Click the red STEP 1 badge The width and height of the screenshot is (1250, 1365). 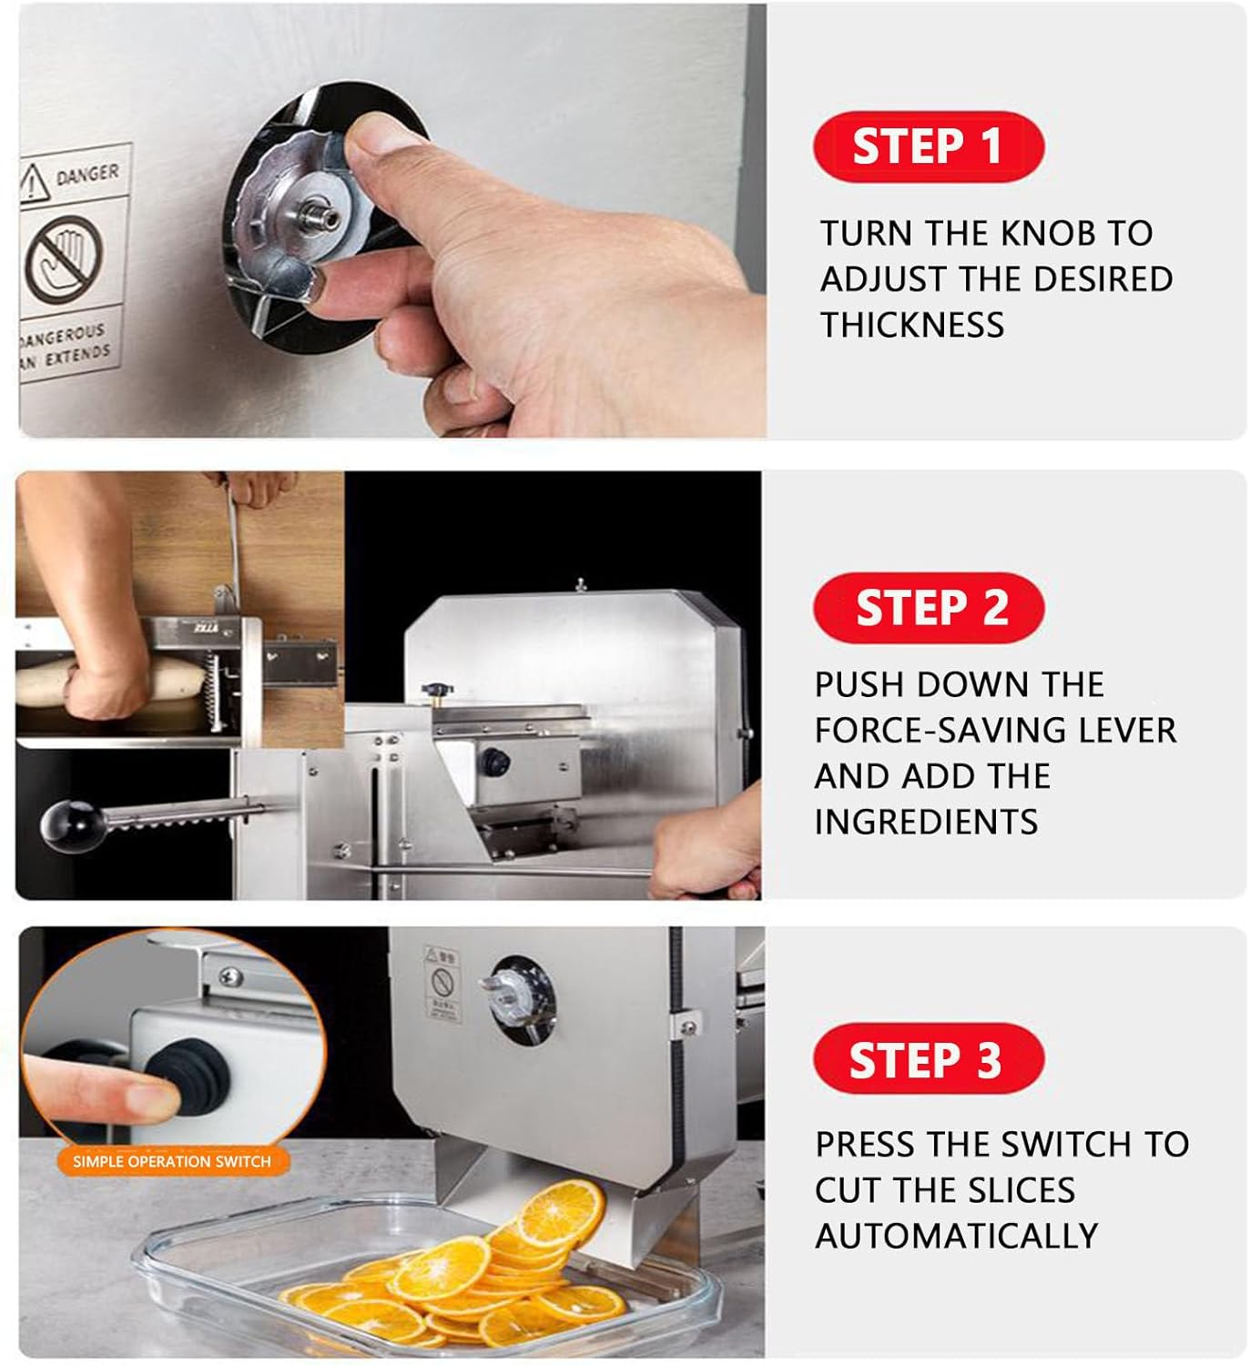point(928,147)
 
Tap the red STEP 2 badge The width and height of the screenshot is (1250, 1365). point(929,608)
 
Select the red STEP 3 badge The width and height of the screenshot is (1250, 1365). point(928,1060)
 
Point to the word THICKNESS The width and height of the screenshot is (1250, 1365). point(912,325)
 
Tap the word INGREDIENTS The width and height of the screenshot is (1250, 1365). point(926,822)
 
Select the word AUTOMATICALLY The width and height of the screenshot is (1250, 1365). point(956,1236)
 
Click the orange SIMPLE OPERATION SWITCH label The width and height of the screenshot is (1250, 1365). point(172,1161)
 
